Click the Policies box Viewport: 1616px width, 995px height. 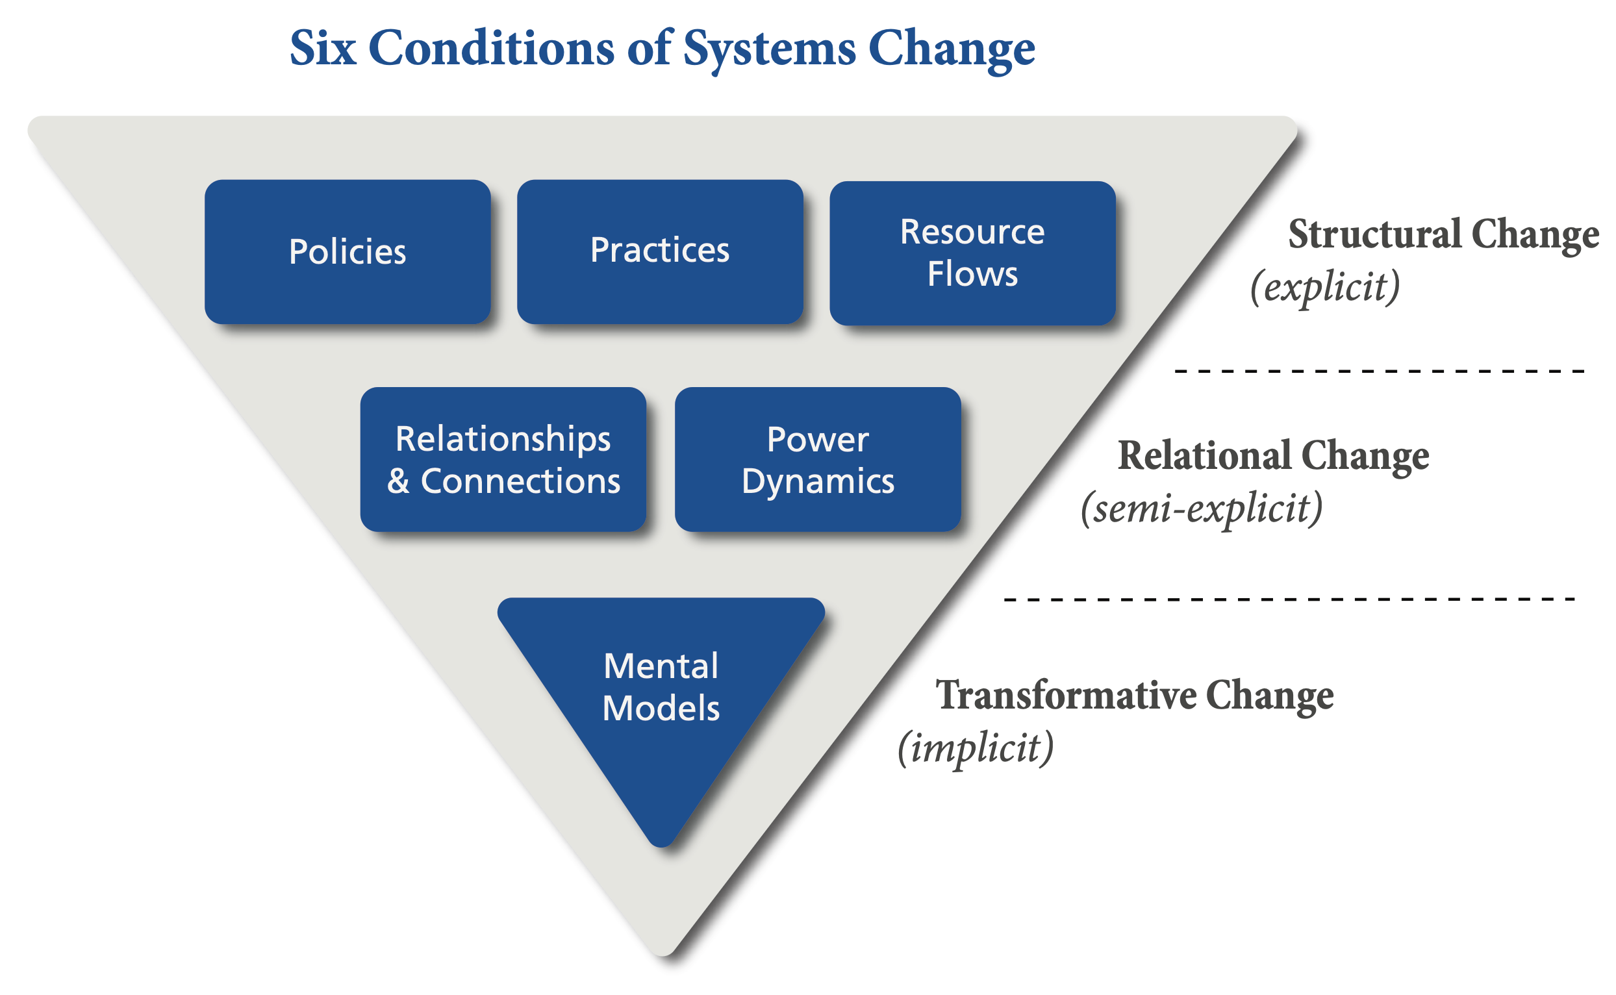click(347, 252)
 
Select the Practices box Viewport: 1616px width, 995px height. click(660, 251)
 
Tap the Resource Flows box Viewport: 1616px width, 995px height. click(972, 253)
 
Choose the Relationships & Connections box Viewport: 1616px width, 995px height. click(503, 459)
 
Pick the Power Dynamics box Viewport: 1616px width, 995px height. click(818, 459)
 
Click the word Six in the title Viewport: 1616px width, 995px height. click(323, 49)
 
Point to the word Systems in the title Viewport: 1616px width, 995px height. click(769, 50)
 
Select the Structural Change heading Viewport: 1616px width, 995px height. click(1443, 235)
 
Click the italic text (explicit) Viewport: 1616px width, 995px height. click(1324, 287)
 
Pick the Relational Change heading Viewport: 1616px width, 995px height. click(1273, 456)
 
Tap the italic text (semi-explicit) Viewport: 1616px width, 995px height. click(1202, 509)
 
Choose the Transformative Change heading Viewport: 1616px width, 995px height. click(1134, 696)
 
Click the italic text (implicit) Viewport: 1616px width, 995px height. click(976, 748)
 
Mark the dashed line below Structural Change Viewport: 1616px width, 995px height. click(1379, 372)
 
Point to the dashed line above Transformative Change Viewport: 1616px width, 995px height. click(1290, 599)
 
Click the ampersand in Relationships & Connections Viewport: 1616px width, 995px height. click(399, 482)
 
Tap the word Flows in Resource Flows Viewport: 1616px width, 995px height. click(972, 274)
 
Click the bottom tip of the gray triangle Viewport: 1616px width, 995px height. click(663, 951)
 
